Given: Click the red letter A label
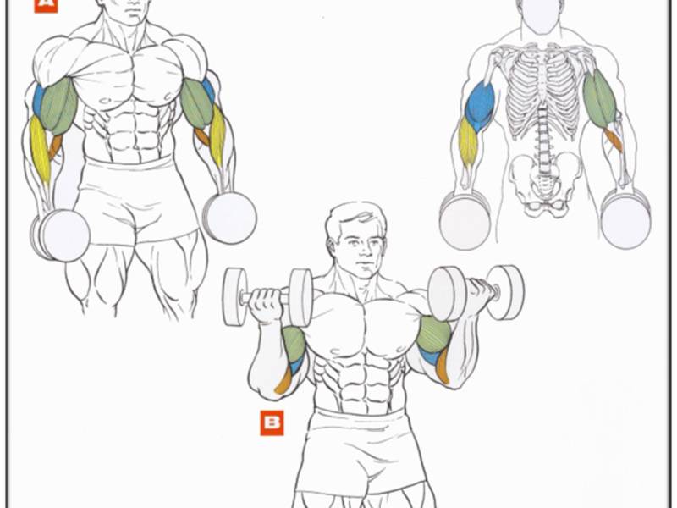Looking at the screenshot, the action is pyautogui.click(x=46, y=5).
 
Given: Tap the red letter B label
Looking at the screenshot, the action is pyautogui.click(x=272, y=422).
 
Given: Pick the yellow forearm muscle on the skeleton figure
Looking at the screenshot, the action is pyautogui.click(x=468, y=141).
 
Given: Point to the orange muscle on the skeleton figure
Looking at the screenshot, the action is pyautogui.click(x=614, y=139).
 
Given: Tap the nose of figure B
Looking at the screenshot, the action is pyautogui.click(x=363, y=250).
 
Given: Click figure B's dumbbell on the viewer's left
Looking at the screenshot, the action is pyautogui.click(x=267, y=296).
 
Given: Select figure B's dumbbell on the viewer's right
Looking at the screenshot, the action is pyautogui.click(x=476, y=292).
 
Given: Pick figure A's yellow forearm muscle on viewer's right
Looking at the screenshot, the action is pyautogui.click(x=218, y=136).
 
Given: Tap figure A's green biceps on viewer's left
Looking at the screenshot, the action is pyautogui.click(x=59, y=106).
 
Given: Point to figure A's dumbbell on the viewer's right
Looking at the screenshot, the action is pyautogui.click(x=229, y=218).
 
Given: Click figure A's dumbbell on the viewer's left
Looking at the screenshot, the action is pyautogui.click(x=60, y=235).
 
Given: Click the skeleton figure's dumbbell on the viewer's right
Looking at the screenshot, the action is pyautogui.click(x=625, y=219).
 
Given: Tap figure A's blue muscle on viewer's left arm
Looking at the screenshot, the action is pyautogui.click(x=38, y=100).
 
